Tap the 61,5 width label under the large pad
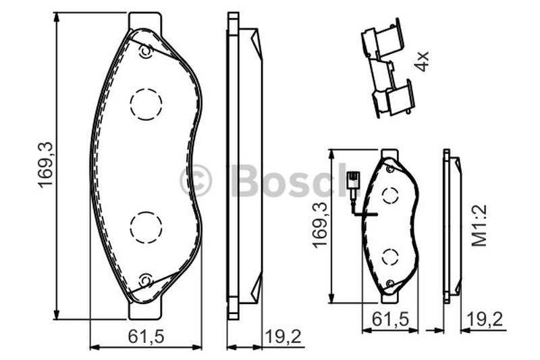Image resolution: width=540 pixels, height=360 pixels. point(146,336)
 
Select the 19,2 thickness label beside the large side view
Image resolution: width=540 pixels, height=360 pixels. point(283,336)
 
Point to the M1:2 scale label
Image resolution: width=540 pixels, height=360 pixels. point(479,226)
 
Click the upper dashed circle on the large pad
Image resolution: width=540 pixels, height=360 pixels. point(146,104)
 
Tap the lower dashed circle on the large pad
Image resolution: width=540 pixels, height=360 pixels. point(146,228)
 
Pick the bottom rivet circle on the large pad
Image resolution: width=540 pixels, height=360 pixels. point(146,280)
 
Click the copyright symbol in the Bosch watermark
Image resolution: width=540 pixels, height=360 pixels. point(196,180)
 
